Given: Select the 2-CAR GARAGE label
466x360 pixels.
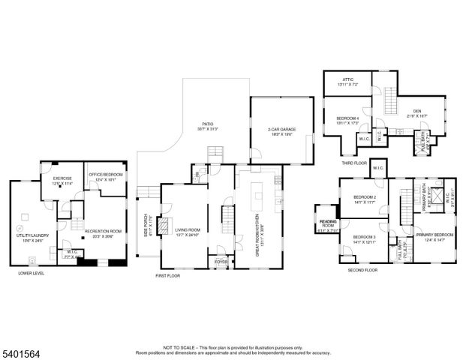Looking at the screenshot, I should [x=281, y=129].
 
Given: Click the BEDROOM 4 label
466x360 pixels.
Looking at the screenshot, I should [x=347, y=118].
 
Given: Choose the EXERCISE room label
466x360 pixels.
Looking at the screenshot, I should [x=61, y=179].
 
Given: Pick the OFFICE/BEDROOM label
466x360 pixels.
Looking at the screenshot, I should [x=105, y=175].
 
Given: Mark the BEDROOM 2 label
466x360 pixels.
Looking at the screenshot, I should [x=364, y=197].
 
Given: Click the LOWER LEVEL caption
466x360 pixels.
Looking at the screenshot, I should [x=31, y=274].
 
